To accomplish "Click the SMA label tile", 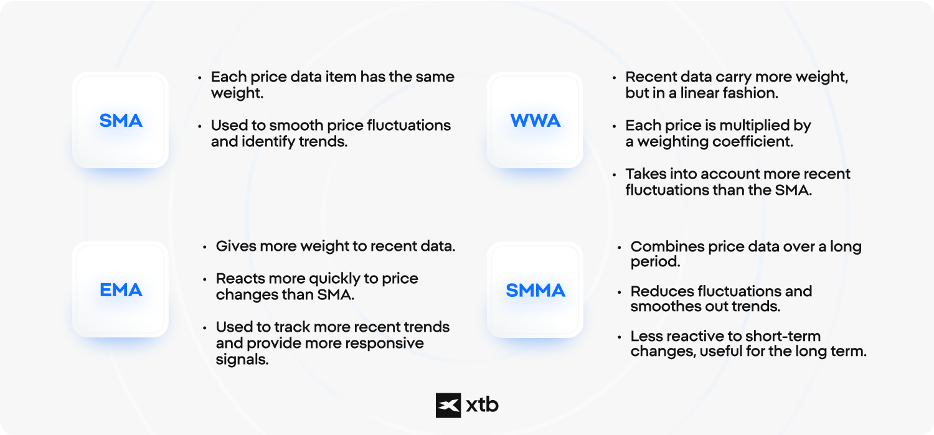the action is pos(121,120).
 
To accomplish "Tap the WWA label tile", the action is pos(535,120).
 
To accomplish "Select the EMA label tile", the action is pos(121,289).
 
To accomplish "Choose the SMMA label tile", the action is pos(535,289).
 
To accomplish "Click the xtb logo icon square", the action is pos(448,405).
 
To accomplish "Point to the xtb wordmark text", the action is pos(482,405).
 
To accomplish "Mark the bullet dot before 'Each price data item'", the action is pos(200,78).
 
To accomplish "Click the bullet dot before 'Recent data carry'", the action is pos(614,78).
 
